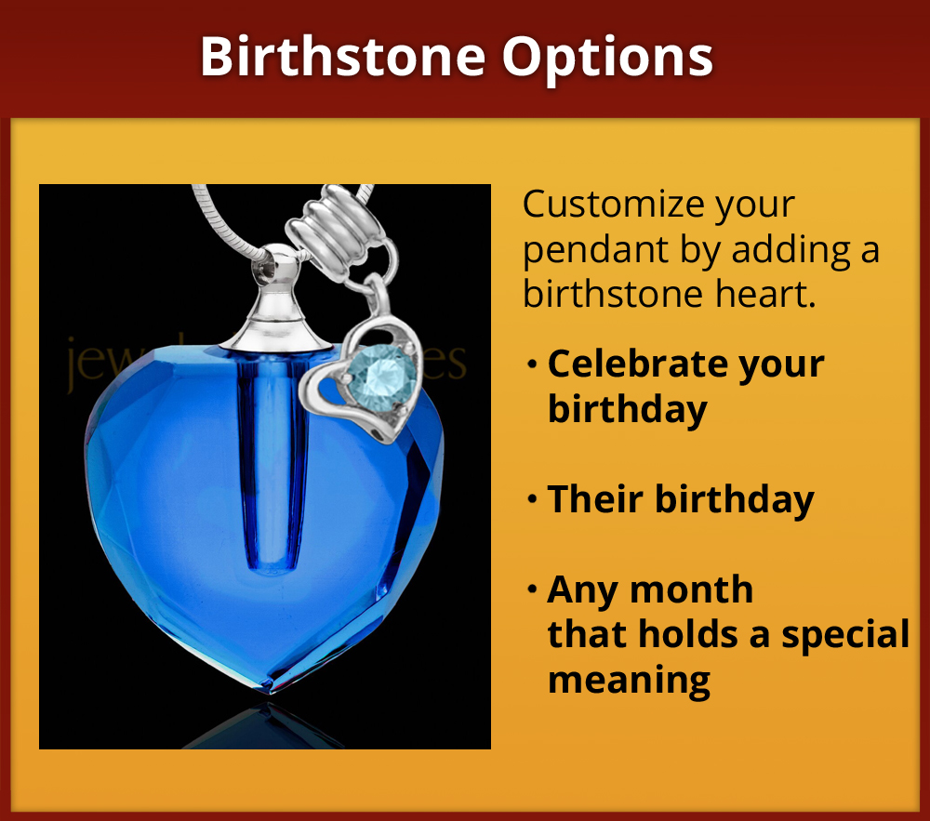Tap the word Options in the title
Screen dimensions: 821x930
tap(608, 57)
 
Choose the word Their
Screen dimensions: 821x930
tap(594, 499)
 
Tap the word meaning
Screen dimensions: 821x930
tap(629, 680)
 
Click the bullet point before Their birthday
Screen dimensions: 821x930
tap(532, 500)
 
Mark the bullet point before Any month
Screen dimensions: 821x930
tap(532, 590)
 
